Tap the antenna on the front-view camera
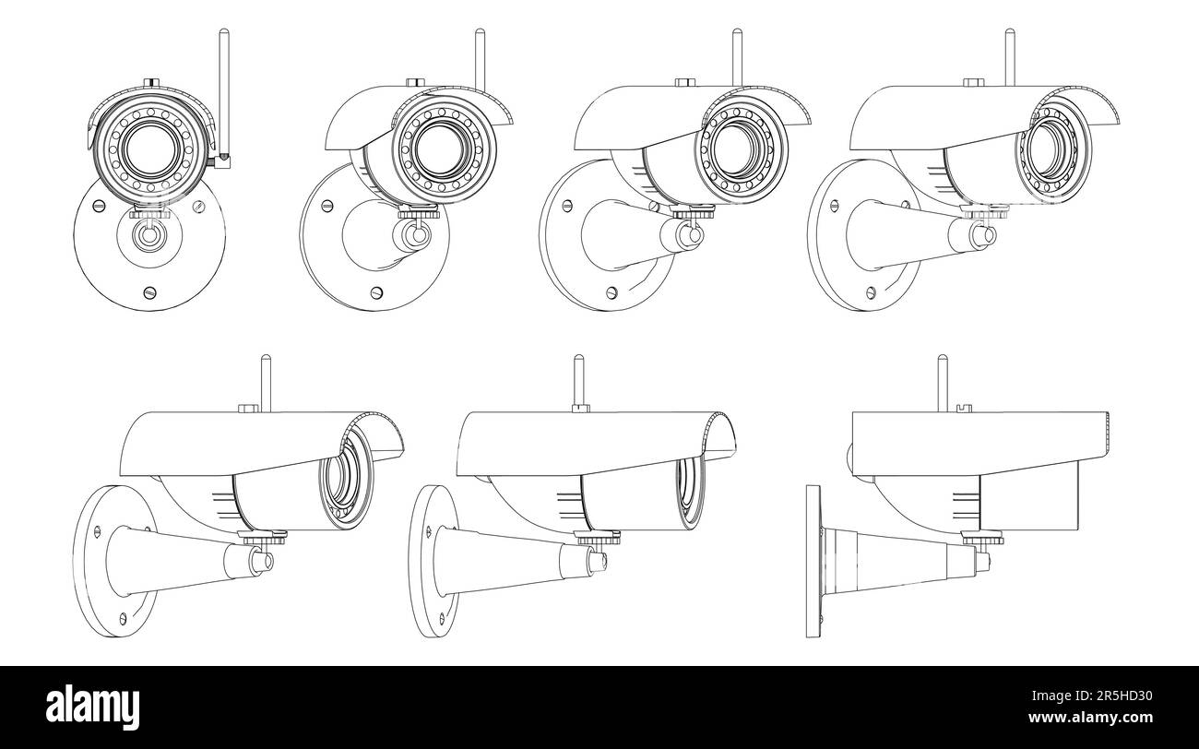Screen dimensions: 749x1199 point(221,92)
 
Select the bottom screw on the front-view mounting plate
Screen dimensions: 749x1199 point(148,292)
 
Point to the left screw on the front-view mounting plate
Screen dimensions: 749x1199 point(89,207)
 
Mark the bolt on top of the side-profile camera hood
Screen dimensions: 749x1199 point(963,406)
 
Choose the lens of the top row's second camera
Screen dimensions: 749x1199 point(441,149)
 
